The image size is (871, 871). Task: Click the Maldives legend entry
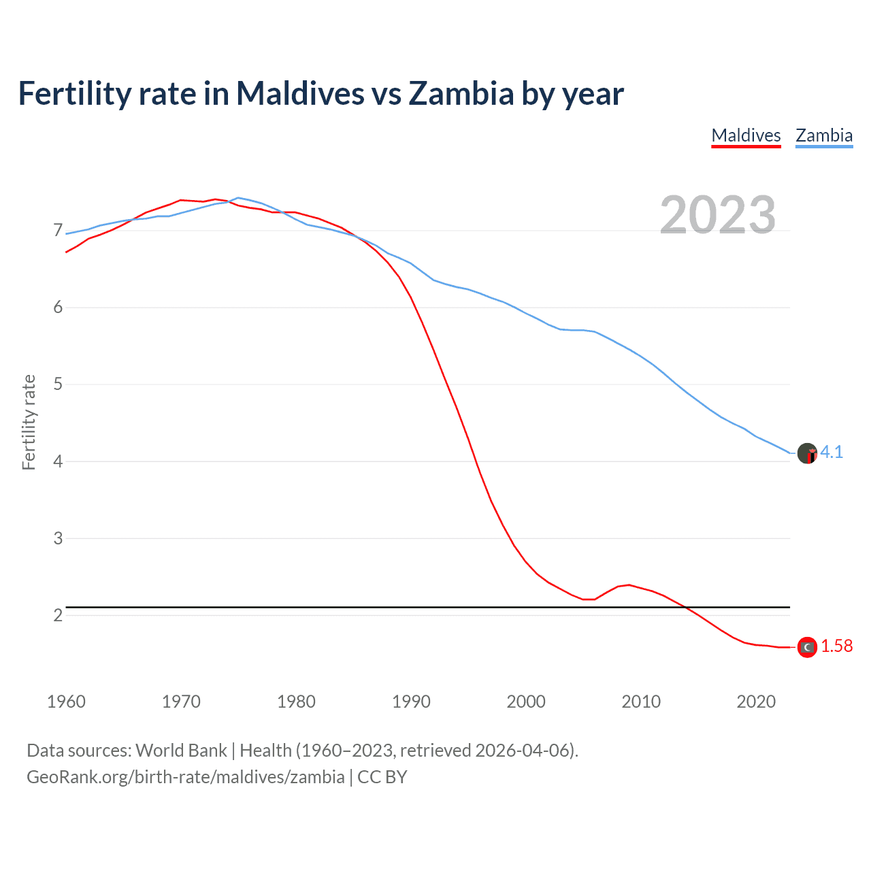pyautogui.click(x=746, y=135)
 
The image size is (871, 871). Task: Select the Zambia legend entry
pyautogui.click(x=824, y=135)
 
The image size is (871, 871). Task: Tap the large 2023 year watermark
pyautogui.click(x=718, y=215)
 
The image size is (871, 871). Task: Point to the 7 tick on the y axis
pyautogui.click(x=58, y=231)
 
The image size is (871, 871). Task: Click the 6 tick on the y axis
pyautogui.click(x=58, y=308)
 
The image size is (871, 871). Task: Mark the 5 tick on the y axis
pyautogui.click(x=58, y=384)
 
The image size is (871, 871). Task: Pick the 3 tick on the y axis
pyautogui.click(x=58, y=538)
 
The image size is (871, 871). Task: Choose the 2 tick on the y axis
pyautogui.click(x=58, y=615)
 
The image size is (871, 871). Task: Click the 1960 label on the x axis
pyautogui.click(x=66, y=702)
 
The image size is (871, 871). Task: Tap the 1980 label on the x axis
pyautogui.click(x=296, y=702)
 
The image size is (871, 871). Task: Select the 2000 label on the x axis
pyautogui.click(x=526, y=702)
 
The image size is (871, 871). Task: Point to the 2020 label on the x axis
pyautogui.click(x=756, y=702)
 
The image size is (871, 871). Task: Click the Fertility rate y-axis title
pyautogui.click(x=29, y=422)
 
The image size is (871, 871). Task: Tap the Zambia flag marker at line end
pyautogui.click(x=807, y=453)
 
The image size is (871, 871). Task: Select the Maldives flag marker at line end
pyautogui.click(x=807, y=647)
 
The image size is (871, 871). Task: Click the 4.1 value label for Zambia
pyautogui.click(x=832, y=453)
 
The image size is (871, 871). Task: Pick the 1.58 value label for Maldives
pyautogui.click(x=836, y=646)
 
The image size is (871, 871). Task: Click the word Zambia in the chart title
pyautogui.click(x=461, y=94)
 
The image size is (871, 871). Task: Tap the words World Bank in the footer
pyautogui.click(x=181, y=751)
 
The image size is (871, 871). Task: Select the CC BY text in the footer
pyautogui.click(x=382, y=777)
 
